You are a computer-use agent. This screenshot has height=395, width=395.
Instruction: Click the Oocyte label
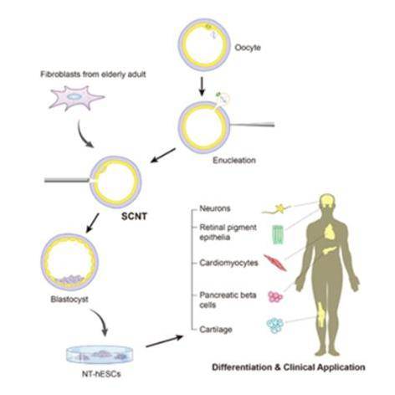[x=248, y=48]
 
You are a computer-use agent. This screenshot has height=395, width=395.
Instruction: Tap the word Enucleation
[x=234, y=160]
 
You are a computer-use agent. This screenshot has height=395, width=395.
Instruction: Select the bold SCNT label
[x=134, y=216]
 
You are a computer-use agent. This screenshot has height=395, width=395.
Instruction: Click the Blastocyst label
[x=69, y=300]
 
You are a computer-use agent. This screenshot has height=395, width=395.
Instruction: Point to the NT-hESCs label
[x=101, y=374]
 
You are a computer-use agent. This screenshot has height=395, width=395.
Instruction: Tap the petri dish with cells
[x=100, y=355]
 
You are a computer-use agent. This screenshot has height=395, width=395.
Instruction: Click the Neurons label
[x=215, y=208]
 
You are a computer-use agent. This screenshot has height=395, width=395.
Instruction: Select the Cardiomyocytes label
[x=228, y=263]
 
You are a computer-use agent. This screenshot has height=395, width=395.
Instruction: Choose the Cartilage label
[x=216, y=330]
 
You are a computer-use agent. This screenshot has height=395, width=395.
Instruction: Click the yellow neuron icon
[x=277, y=209]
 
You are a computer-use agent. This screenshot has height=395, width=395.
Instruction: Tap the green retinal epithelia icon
[x=278, y=235]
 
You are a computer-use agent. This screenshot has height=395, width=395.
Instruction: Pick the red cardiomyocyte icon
[x=275, y=263]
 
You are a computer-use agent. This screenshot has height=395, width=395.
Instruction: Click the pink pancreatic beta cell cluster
[x=275, y=297]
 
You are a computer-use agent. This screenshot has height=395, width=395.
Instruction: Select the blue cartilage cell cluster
[x=275, y=326]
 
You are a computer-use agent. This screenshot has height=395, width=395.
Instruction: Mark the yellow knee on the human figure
[x=321, y=315]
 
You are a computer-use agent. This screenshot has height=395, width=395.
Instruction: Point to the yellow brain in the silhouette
[x=327, y=201]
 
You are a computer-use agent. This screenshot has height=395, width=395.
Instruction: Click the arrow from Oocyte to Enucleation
[x=203, y=88]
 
